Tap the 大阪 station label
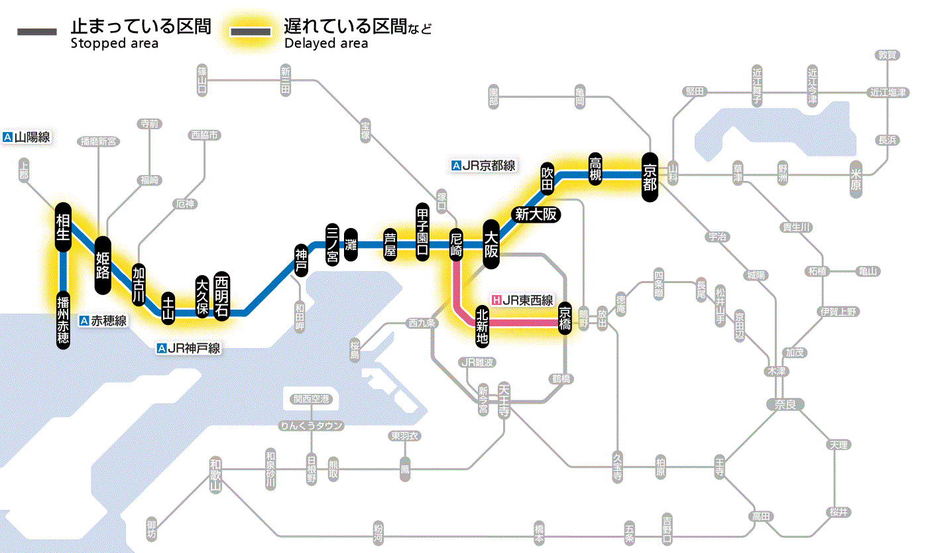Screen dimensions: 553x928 coord(491,244)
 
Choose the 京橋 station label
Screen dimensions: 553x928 coord(565,318)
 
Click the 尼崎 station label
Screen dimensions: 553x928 coord(455,245)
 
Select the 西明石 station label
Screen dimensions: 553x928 coord(221,296)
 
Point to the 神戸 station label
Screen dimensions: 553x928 coord(301,261)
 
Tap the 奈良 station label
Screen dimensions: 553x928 coord(785,404)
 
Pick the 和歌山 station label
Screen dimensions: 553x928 coord(215,475)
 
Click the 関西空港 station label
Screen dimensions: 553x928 coord(311,399)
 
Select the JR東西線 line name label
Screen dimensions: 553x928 coord(522,300)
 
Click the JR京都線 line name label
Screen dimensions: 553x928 coord(483,166)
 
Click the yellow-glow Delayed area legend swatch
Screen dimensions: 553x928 coord(250,31)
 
